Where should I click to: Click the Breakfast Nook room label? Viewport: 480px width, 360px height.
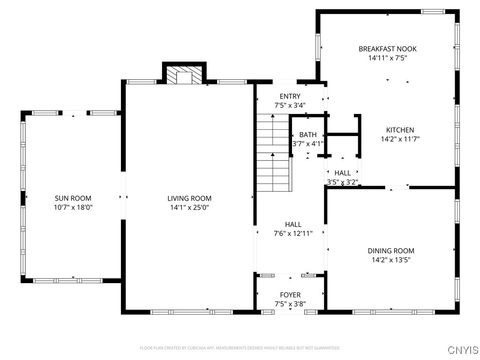pos(387,48)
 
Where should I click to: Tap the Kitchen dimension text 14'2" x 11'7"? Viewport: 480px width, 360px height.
pos(400,140)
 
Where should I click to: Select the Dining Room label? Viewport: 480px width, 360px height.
pos(393,251)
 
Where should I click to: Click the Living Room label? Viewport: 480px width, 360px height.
pos(189,198)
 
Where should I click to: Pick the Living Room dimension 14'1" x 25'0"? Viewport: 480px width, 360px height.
pos(189,208)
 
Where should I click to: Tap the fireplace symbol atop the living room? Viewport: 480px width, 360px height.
pos(181,77)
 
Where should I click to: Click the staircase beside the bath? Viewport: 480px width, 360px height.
pos(272,153)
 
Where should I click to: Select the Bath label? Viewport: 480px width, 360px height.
pos(307,134)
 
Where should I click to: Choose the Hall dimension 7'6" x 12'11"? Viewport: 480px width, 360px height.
pos(293,233)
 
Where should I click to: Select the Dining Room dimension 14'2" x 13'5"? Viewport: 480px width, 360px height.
pos(393,261)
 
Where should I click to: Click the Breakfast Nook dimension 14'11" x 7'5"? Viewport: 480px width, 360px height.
pos(387,58)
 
